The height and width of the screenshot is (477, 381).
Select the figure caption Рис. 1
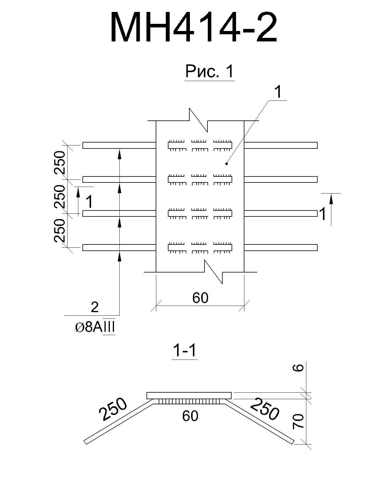[210, 71]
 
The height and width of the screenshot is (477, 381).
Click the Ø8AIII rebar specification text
[95, 328]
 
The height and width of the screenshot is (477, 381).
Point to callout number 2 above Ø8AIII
[95, 307]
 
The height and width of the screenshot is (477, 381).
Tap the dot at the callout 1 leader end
[227, 164]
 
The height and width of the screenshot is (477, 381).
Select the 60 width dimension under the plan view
[200, 298]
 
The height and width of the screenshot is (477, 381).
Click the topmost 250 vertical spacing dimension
[60, 162]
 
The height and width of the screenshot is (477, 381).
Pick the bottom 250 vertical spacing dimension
[60, 230]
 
